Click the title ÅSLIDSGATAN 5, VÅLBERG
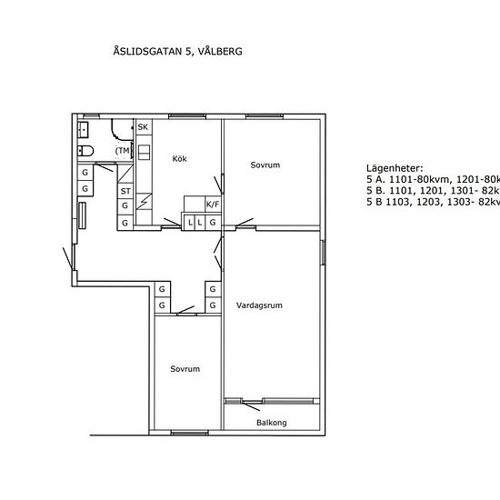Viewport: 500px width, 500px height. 176,52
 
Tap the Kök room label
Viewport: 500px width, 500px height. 180,159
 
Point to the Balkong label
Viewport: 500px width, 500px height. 271,422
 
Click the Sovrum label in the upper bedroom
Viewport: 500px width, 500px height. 265,165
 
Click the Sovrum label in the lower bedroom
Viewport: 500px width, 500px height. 185,368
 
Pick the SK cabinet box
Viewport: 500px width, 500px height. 143,126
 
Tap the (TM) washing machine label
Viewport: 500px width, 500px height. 123,150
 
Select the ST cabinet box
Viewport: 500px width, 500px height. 125,192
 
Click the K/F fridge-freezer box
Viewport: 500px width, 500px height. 213,205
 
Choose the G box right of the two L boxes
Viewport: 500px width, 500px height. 213,222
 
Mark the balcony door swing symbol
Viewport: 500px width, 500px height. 245,400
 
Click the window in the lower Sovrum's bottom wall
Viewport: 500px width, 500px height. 185,431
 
